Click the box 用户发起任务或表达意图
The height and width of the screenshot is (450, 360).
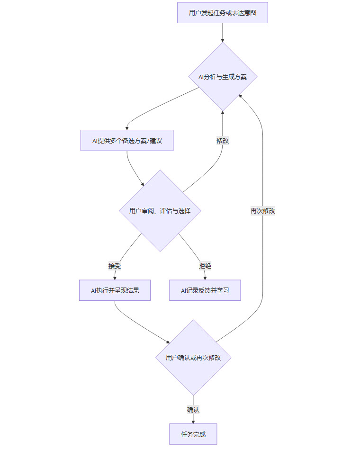coord(222,13)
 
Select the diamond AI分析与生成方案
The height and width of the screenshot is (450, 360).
coord(222,77)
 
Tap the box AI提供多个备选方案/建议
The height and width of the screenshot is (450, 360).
coord(126,141)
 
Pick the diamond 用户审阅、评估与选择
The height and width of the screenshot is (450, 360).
coord(160,211)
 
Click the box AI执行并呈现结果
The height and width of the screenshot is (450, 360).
coord(115,290)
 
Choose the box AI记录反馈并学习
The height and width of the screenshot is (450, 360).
coord(205,290)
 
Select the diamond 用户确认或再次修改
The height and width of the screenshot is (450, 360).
coord(193,358)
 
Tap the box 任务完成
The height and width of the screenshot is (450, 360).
coord(193,434)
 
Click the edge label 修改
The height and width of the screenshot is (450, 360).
coord(223,141)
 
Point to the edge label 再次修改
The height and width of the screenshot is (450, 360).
coord(262,211)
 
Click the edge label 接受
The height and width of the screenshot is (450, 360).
coord(115,266)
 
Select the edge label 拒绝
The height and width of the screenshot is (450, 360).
coord(205,266)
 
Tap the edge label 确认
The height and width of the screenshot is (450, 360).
coord(193,409)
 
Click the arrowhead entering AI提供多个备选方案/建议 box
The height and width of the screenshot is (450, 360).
coord(126,128)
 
